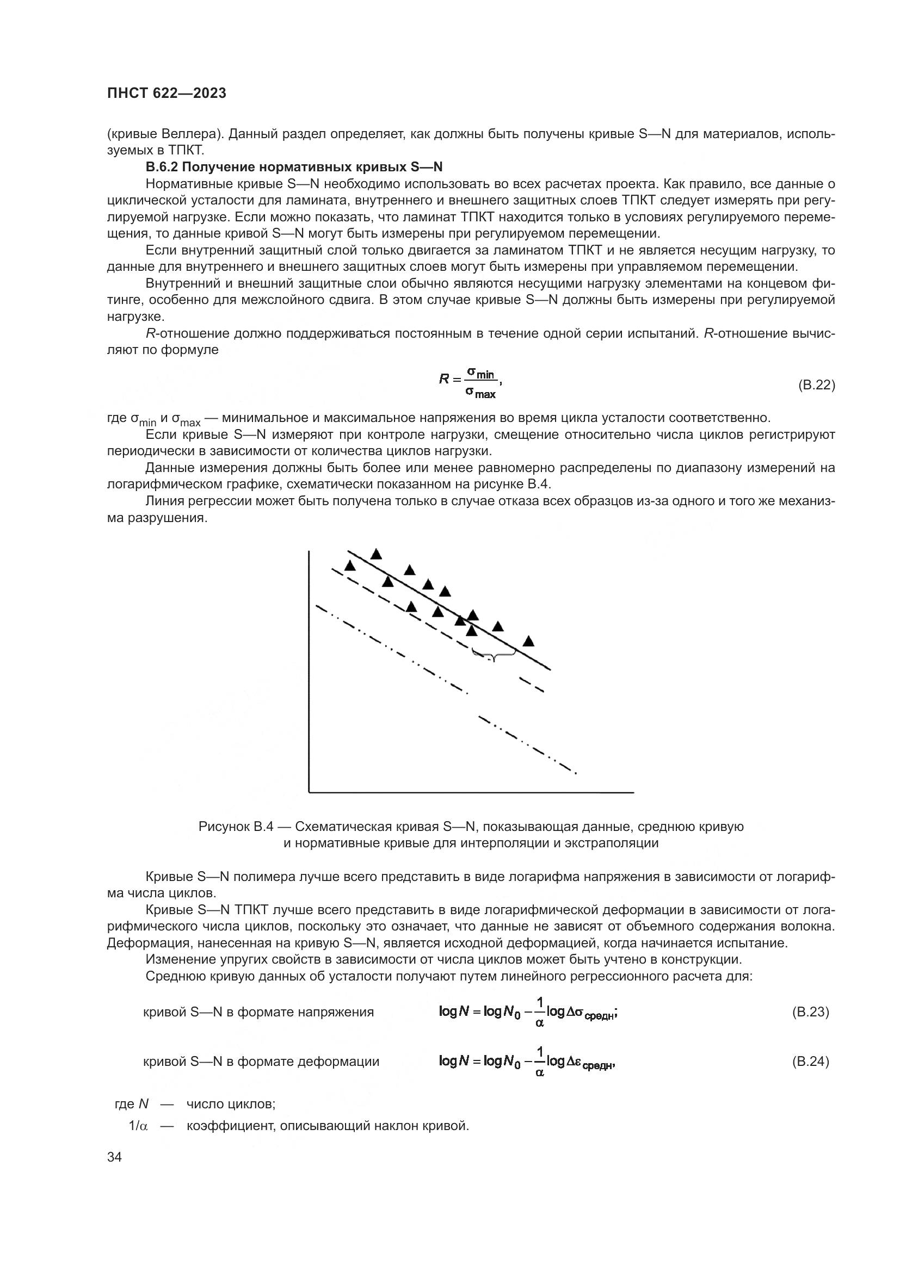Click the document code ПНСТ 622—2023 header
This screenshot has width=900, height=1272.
point(167,94)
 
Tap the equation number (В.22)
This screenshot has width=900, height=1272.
point(816,385)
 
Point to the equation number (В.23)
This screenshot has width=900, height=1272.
point(810,1012)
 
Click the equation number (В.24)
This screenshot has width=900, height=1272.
point(810,1062)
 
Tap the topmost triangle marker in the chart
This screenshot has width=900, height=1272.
point(377,554)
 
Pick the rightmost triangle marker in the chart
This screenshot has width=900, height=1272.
point(529,641)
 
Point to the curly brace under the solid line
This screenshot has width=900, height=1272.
point(494,655)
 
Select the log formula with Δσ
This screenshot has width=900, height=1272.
point(528,1013)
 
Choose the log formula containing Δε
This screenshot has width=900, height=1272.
point(527,1062)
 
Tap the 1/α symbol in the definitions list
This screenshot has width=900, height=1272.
point(138,1126)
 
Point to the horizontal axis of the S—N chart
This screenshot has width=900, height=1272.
point(471,793)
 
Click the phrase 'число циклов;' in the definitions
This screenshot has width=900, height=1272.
point(231,1103)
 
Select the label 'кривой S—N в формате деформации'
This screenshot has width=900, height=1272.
point(261,1062)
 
